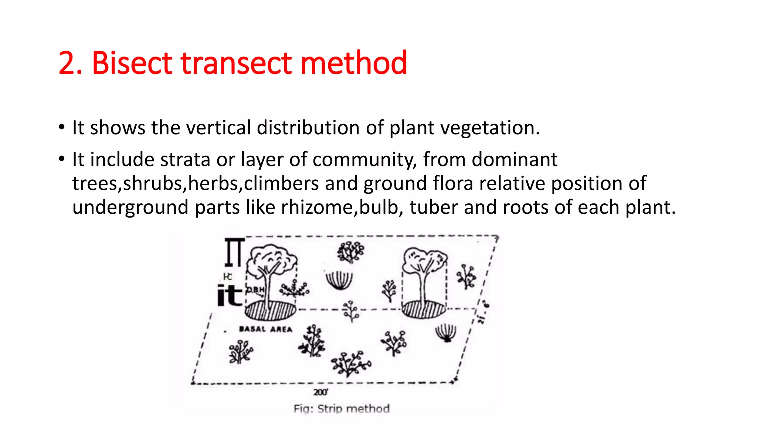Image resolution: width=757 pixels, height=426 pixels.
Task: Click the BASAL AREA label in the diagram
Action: coord(265,329)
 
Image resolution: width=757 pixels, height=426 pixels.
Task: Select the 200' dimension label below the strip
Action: coord(320,392)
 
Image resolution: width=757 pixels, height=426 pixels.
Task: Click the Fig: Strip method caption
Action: coord(342,409)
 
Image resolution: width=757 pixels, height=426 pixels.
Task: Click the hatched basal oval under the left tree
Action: coord(270,310)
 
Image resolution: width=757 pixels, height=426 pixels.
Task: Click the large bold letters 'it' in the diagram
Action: coord(229,295)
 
